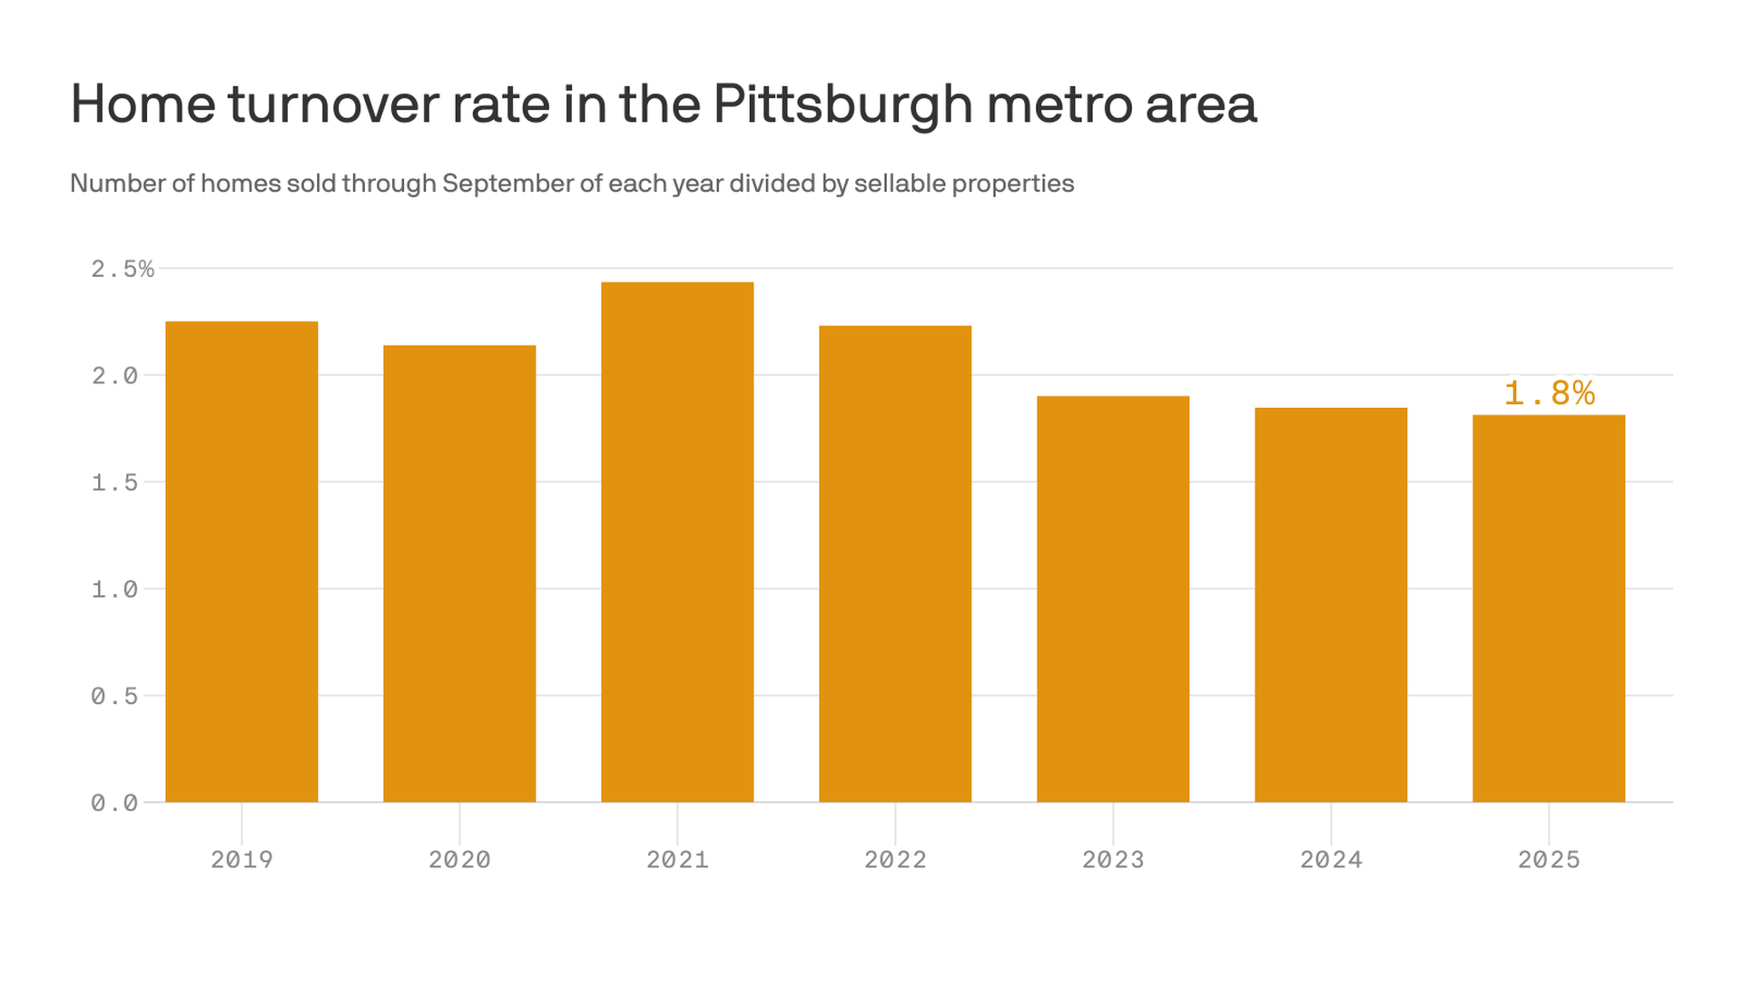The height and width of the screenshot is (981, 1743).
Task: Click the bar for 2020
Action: coord(459,573)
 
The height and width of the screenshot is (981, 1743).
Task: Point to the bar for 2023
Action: coord(1113,599)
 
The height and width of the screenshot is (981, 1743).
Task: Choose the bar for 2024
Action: coord(1331,605)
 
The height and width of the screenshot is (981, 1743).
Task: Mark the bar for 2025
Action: coord(1549,609)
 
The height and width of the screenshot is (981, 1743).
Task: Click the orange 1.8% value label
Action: coord(1549,393)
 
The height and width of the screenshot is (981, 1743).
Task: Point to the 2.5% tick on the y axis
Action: coord(123,269)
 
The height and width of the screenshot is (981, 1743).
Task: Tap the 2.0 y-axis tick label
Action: coord(114,376)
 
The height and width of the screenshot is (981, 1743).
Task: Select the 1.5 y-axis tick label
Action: coord(114,482)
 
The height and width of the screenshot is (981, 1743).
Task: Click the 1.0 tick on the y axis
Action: coord(114,590)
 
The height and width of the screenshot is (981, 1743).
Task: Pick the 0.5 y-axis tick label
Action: coord(114,696)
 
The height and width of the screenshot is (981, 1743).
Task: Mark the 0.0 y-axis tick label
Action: coord(114,803)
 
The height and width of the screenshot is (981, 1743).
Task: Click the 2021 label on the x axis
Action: coord(677,859)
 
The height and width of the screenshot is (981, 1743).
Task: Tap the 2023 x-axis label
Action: coord(1113,859)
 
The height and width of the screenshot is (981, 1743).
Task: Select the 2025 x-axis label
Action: coord(1549,859)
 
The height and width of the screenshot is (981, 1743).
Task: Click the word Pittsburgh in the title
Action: coord(842,104)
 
